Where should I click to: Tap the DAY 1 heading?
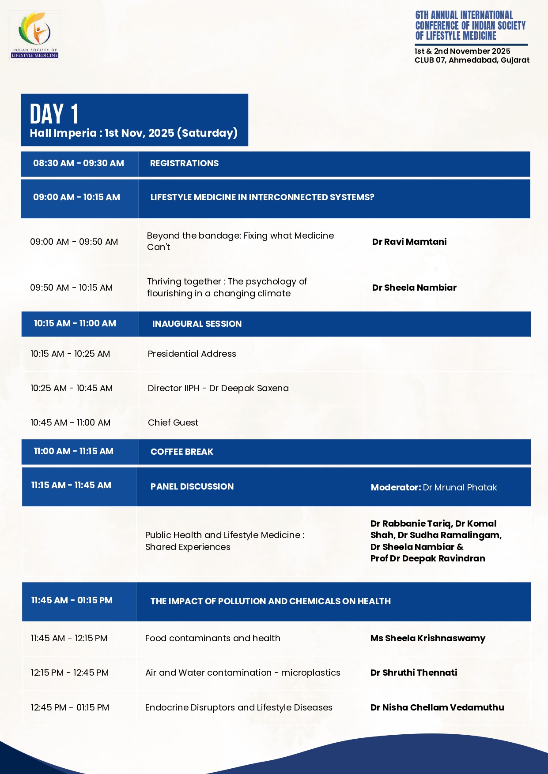tap(54, 114)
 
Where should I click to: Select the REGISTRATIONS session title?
tap(184, 163)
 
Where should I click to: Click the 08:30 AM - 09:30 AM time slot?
tap(79, 163)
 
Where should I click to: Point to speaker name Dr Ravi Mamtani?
tap(409, 242)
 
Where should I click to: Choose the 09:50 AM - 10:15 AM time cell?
tap(71, 288)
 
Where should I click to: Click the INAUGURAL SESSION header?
tap(197, 324)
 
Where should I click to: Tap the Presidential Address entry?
tap(192, 354)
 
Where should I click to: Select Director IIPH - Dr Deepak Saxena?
tap(218, 388)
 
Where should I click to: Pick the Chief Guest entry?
tap(173, 423)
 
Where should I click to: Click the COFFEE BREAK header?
tap(182, 452)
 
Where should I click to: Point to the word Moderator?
tap(396, 487)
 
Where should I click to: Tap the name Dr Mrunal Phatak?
tap(460, 487)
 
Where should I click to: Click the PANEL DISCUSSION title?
tap(192, 486)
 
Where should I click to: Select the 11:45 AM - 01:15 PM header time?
tap(72, 600)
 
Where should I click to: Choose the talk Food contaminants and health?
tap(212, 638)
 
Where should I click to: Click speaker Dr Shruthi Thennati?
tap(414, 673)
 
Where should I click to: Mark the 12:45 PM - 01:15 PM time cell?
tap(70, 707)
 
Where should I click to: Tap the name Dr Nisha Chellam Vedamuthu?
tap(437, 707)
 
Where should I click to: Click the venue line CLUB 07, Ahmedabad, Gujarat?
tap(472, 60)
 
